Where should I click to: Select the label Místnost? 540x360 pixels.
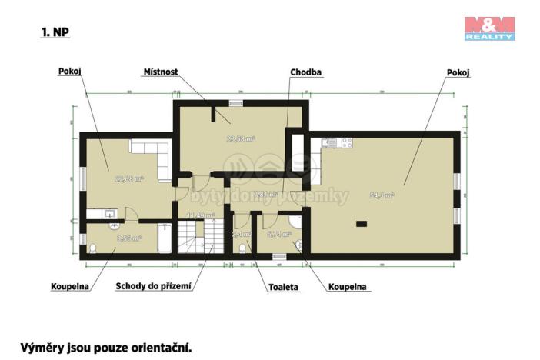pos(161,72)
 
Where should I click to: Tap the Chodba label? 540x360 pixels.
pos(305,72)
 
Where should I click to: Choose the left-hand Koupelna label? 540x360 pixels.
pos(70,287)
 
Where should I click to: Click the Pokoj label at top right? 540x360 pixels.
pos(458,72)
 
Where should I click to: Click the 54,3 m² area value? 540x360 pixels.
pos(382,195)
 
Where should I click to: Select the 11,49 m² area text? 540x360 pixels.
pos(203,215)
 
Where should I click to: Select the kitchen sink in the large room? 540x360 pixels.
pos(328,142)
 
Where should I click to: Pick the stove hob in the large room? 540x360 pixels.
pos(346,142)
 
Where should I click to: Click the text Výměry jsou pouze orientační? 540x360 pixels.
pos(105,347)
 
